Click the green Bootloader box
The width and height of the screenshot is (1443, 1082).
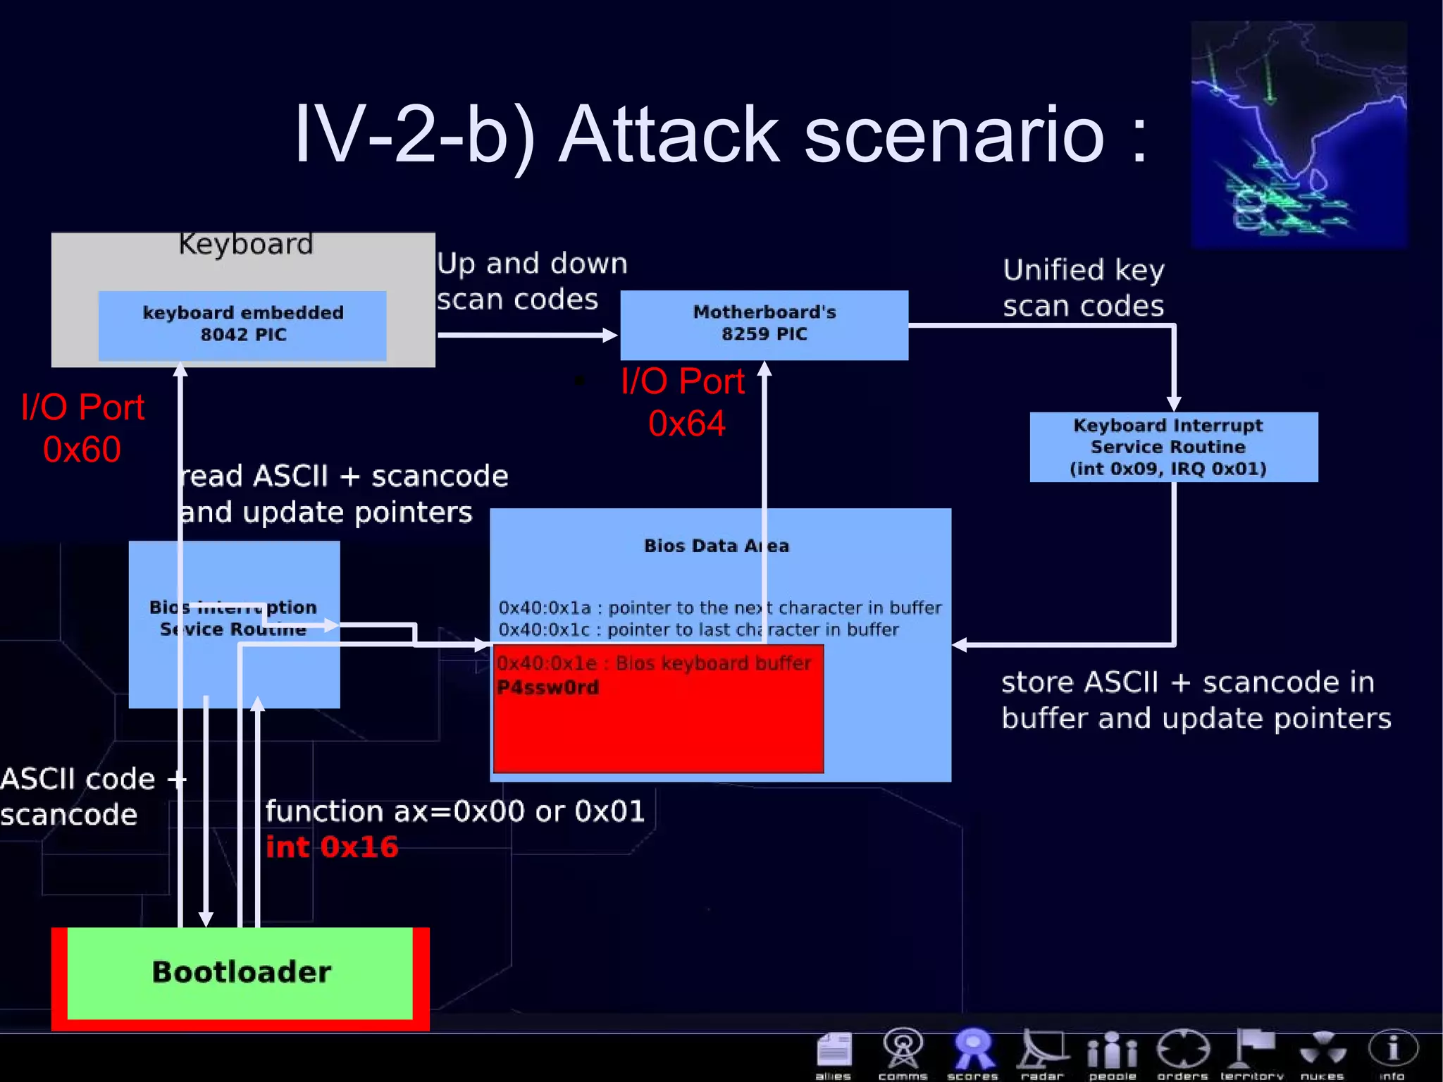[x=240, y=973]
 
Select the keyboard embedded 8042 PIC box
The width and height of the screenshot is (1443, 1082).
[x=242, y=324]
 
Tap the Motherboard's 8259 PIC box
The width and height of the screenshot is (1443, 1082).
[x=764, y=324]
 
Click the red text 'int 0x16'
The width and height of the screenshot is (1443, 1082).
[x=331, y=847]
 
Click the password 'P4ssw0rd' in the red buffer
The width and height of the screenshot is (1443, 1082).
[x=547, y=687]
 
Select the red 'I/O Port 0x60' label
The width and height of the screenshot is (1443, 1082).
[x=82, y=428]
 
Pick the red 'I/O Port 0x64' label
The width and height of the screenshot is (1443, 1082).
[x=683, y=402]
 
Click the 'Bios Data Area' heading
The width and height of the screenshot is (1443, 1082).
[x=716, y=546]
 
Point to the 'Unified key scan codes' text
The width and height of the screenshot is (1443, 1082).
[x=1083, y=288]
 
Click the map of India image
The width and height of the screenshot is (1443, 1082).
[x=1299, y=134]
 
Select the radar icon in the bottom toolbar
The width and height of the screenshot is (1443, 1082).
[x=1041, y=1053]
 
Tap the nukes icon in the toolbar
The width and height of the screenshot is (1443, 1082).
[x=1322, y=1053]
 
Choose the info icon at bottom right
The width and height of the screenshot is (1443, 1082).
[x=1392, y=1052]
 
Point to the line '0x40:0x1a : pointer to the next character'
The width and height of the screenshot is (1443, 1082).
[x=719, y=608]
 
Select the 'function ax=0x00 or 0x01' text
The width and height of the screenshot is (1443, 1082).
[x=454, y=811]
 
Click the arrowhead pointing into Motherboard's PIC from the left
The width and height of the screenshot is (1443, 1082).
[x=610, y=335]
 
